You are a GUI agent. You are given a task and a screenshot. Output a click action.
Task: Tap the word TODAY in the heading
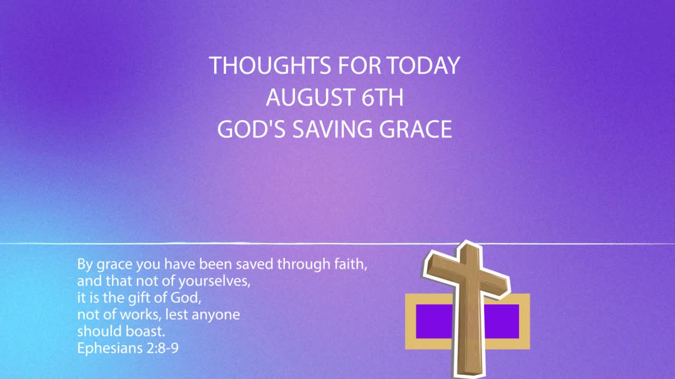pos(423,65)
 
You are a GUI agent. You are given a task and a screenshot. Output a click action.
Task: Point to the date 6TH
pos(382,97)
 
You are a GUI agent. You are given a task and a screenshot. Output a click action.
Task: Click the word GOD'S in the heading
pos(252,129)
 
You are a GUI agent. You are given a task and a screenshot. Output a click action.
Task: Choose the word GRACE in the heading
pos(416,129)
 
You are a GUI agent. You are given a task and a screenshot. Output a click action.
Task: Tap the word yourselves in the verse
pos(214,282)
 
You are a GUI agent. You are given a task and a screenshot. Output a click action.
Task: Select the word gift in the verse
pos(141,298)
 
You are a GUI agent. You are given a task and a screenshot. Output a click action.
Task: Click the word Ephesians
pos(110,348)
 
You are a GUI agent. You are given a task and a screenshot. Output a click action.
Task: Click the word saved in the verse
pos(254,264)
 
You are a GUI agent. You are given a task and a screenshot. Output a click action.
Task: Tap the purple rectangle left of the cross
pos(434,321)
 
